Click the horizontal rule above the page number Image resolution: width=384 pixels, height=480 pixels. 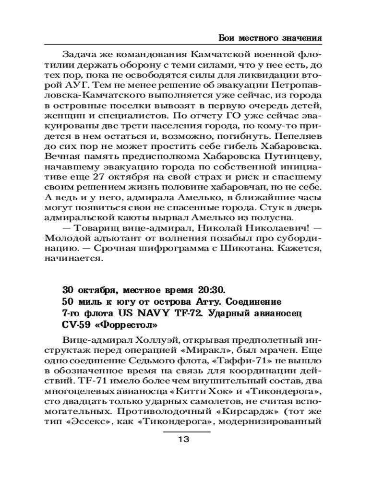187,432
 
